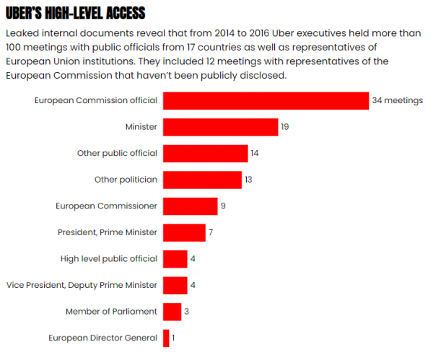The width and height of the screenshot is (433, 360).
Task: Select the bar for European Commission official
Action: point(266,100)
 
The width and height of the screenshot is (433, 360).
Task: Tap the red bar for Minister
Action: point(220,127)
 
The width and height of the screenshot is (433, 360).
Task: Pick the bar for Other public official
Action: point(205,153)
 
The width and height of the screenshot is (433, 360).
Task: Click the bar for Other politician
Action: point(202,180)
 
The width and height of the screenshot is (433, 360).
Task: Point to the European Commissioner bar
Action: point(190,206)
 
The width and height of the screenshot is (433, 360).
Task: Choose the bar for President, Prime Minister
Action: point(184,232)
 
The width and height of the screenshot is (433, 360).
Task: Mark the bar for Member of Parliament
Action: point(172,312)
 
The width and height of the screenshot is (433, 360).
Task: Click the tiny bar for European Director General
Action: point(166,338)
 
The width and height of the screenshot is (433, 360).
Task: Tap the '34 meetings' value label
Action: point(397,100)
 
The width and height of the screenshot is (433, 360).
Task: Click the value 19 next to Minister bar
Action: point(285,127)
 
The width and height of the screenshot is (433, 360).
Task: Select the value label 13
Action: point(248,180)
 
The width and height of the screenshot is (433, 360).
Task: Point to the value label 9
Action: point(224,206)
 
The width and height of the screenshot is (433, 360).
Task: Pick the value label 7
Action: point(211,232)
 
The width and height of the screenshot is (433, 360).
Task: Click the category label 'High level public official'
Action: point(108,259)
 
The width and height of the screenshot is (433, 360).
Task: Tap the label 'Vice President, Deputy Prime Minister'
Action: point(82,285)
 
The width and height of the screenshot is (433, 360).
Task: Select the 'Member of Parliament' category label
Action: point(111,312)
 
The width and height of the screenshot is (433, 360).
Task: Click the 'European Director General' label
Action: point(102,338)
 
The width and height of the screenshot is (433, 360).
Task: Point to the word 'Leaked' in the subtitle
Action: point(21,34)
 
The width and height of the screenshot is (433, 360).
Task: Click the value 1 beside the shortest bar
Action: point(174,338)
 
